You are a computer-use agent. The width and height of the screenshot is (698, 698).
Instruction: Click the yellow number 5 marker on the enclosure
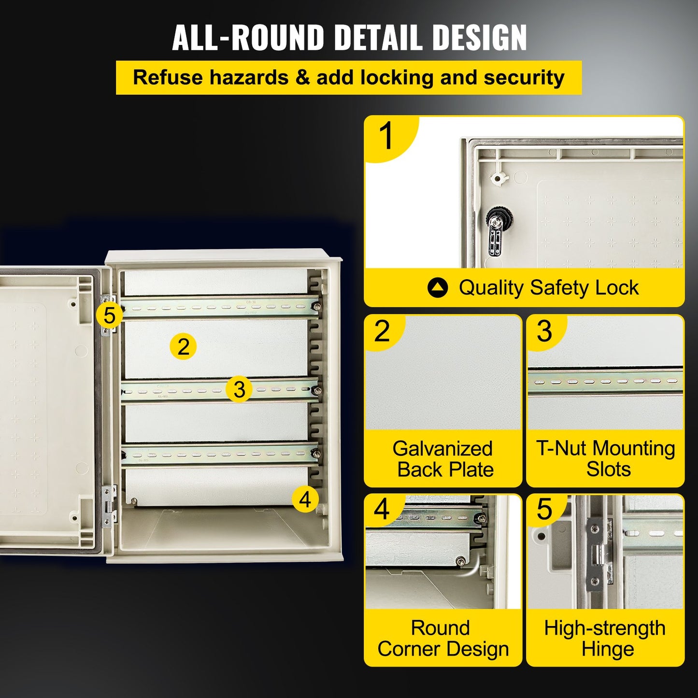[x=110, y=316]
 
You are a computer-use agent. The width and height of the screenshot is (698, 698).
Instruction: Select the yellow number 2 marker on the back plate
[x=183, y=347]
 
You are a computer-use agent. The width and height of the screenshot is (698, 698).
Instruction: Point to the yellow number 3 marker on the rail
[x=239, y=389]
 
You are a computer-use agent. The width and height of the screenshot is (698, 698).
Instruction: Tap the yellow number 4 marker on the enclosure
[x=305, y=499]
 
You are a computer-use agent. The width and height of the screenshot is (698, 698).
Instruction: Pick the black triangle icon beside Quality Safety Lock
[x=438, y=288]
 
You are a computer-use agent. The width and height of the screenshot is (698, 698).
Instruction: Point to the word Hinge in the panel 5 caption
[x=608, y=649]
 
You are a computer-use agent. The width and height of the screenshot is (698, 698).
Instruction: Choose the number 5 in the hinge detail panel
[x=544, y=509]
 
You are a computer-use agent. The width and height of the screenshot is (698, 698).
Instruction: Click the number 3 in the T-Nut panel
[x=544, y=331]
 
